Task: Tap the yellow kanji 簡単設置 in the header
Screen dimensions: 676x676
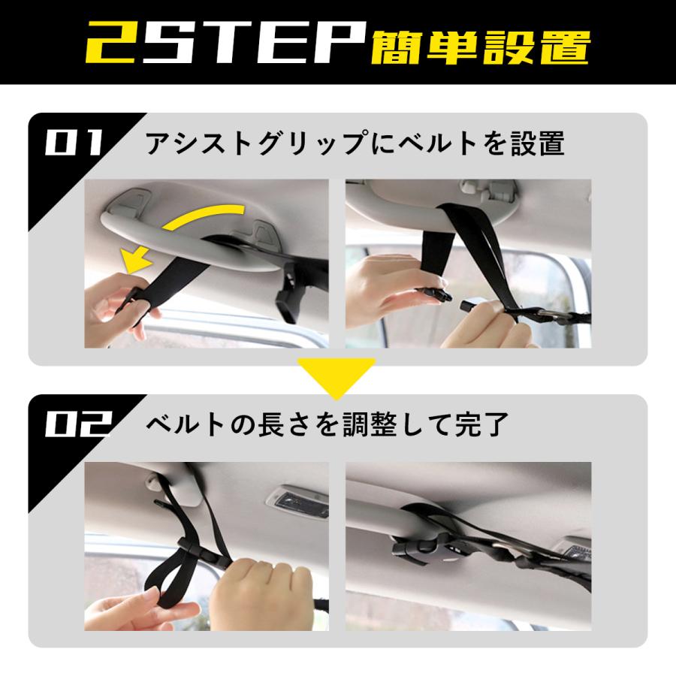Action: (x=480, y=47)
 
